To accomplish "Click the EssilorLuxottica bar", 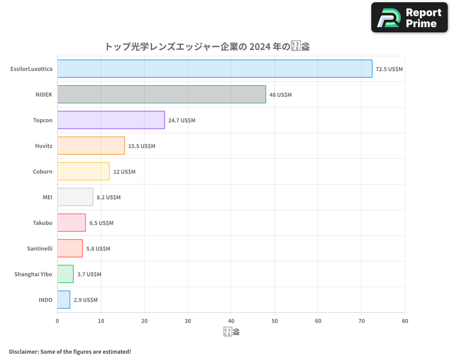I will tap(215, 69).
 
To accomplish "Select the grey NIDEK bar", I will tap(162, 94).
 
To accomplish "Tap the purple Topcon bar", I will tap(111, 120).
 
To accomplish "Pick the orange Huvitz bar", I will tap(91, 146).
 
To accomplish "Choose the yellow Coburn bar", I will tap(83, 171).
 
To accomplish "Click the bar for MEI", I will tap(75, 197).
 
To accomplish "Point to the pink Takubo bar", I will tap(72, 223).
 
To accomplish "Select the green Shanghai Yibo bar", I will tap(65, 274).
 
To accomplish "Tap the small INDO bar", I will tap(63, 300).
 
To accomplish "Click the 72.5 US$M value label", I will tap(389, 69).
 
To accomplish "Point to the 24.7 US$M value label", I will tap(182, 121).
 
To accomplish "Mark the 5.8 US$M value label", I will tap(98, 249).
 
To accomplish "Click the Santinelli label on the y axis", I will tap(39, 248).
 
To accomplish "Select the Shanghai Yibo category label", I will tap(33, 274).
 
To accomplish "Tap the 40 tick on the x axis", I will tap(231, 321).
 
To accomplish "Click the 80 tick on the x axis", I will tap(405, 321).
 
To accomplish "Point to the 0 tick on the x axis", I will tap(57, 321).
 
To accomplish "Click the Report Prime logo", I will tap(409, 18).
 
